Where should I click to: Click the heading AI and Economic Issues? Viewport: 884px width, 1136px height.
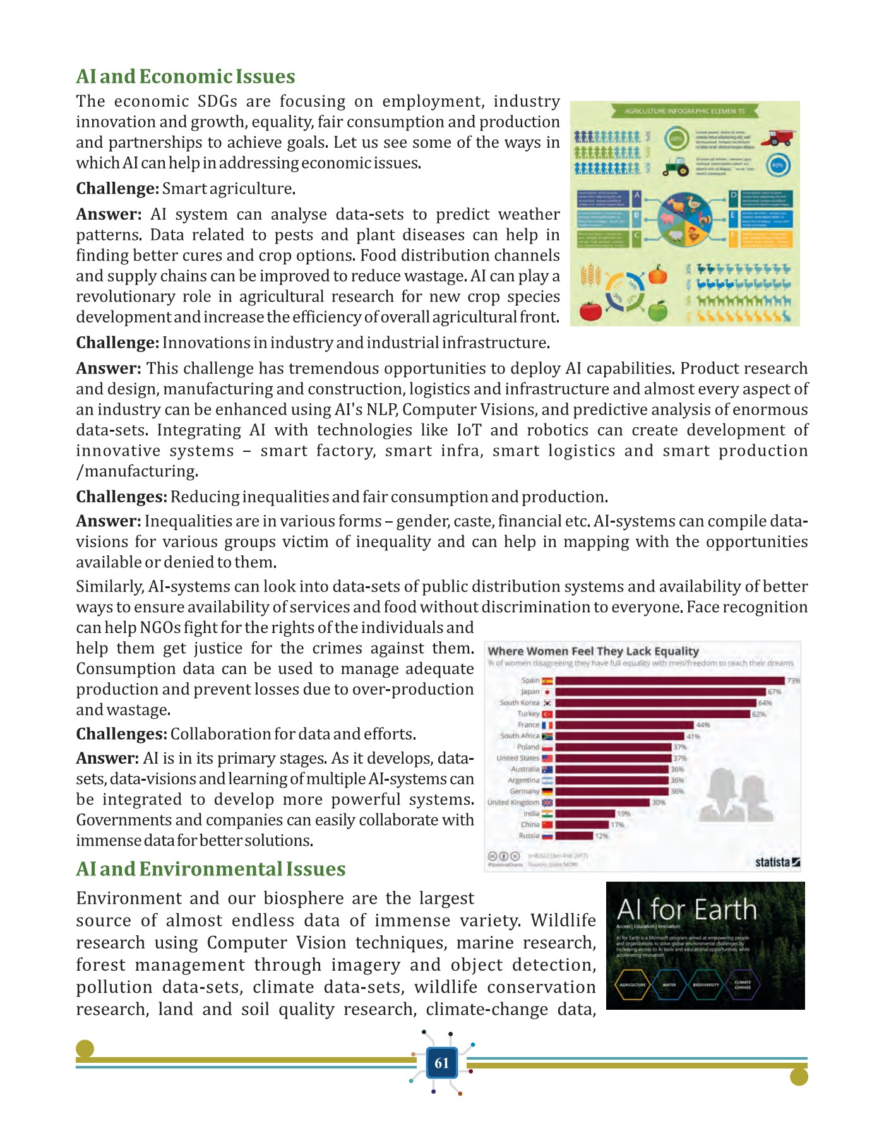[x=185, y=76]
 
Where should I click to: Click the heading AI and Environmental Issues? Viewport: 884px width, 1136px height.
[x=210, y=869]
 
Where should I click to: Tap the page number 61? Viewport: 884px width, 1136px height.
[x=441, y=1063]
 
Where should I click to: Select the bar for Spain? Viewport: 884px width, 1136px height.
[x=669, y=681]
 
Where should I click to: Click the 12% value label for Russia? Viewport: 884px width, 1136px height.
[x=601, y=836]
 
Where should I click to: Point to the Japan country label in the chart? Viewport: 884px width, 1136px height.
[x=530, y=692]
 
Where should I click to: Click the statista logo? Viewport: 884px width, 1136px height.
[x=777, y=862]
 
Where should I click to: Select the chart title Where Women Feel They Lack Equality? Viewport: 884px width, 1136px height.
[x=593, y=651]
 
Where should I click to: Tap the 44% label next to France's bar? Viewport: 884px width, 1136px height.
[x=703, y=725]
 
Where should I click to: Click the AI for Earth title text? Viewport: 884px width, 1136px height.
[x=686, y=910]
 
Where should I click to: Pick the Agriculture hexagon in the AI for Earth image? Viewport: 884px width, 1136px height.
[x=632, y=985]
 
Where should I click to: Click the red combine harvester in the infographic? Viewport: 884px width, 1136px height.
[x=779, y=137]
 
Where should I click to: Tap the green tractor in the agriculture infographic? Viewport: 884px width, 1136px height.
[x=676, y=167]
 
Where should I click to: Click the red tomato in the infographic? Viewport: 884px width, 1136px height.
[x=590, y=311]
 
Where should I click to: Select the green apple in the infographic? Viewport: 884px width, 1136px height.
[x=658, y=311]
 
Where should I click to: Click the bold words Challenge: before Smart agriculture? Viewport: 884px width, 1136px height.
[x=117, y=189]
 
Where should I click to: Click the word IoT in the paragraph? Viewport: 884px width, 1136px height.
[x=469, y=430]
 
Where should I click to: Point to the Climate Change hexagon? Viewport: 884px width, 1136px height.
[x=743, y=985]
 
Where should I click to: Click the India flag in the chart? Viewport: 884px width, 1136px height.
[x=547, y=814]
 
